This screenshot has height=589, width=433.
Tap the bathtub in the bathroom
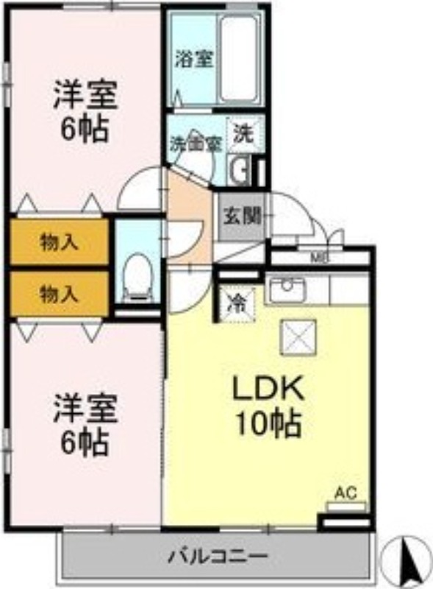[x=243, y=59]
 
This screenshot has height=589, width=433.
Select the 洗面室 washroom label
[x=195, y=144]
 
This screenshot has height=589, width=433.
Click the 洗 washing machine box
[x=242, y=133]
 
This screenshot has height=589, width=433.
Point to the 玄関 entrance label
[x=242, y=216]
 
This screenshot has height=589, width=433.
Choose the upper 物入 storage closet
[x=59, y=242]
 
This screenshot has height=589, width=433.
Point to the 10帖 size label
[x=267, y=423]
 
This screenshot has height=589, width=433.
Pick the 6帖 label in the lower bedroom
[x=85, y=443]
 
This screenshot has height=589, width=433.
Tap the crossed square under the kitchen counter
[x=300, y=337]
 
